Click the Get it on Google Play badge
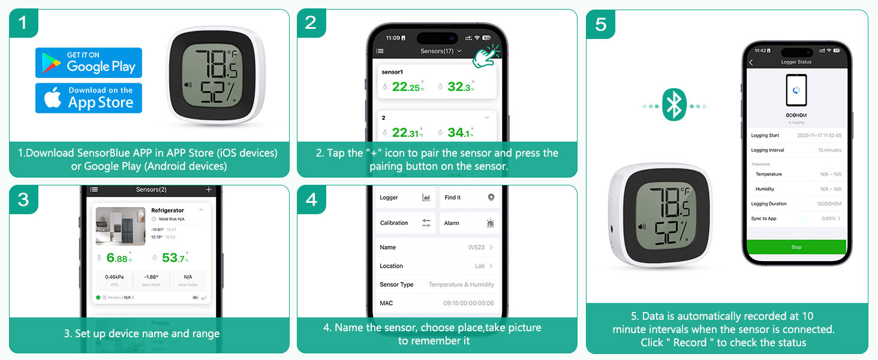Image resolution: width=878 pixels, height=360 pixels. pos(89,62)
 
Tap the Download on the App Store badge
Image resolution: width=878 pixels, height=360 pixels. pos(89,98)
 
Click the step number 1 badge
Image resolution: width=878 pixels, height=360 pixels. pos(23,23)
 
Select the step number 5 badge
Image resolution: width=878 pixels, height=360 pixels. pos(600,24)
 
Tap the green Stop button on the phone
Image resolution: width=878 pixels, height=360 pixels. pos(796,247)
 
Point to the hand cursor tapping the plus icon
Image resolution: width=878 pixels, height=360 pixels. pos(486,55)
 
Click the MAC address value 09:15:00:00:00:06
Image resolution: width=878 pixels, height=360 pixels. pos(468,303)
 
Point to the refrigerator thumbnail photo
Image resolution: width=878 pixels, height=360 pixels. pos(121,226)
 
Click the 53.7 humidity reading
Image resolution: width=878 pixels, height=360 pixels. pos(175,258)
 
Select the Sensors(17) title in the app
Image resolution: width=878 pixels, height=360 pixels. pos(437,51)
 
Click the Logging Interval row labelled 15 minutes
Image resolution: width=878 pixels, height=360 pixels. pos(796,150)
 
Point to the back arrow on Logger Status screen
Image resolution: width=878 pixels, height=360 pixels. pos(751,62)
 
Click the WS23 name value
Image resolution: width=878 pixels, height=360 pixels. pos(477,247)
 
